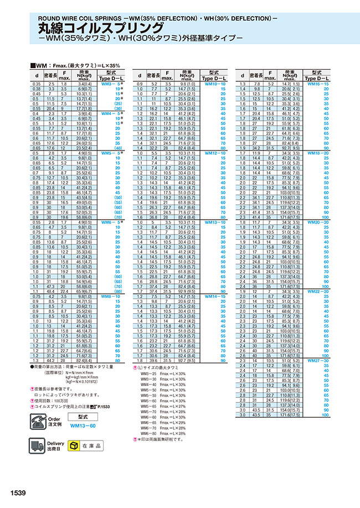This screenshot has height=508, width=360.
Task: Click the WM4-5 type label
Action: [111, 113]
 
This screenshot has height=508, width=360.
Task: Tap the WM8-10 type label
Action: [111, 296]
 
